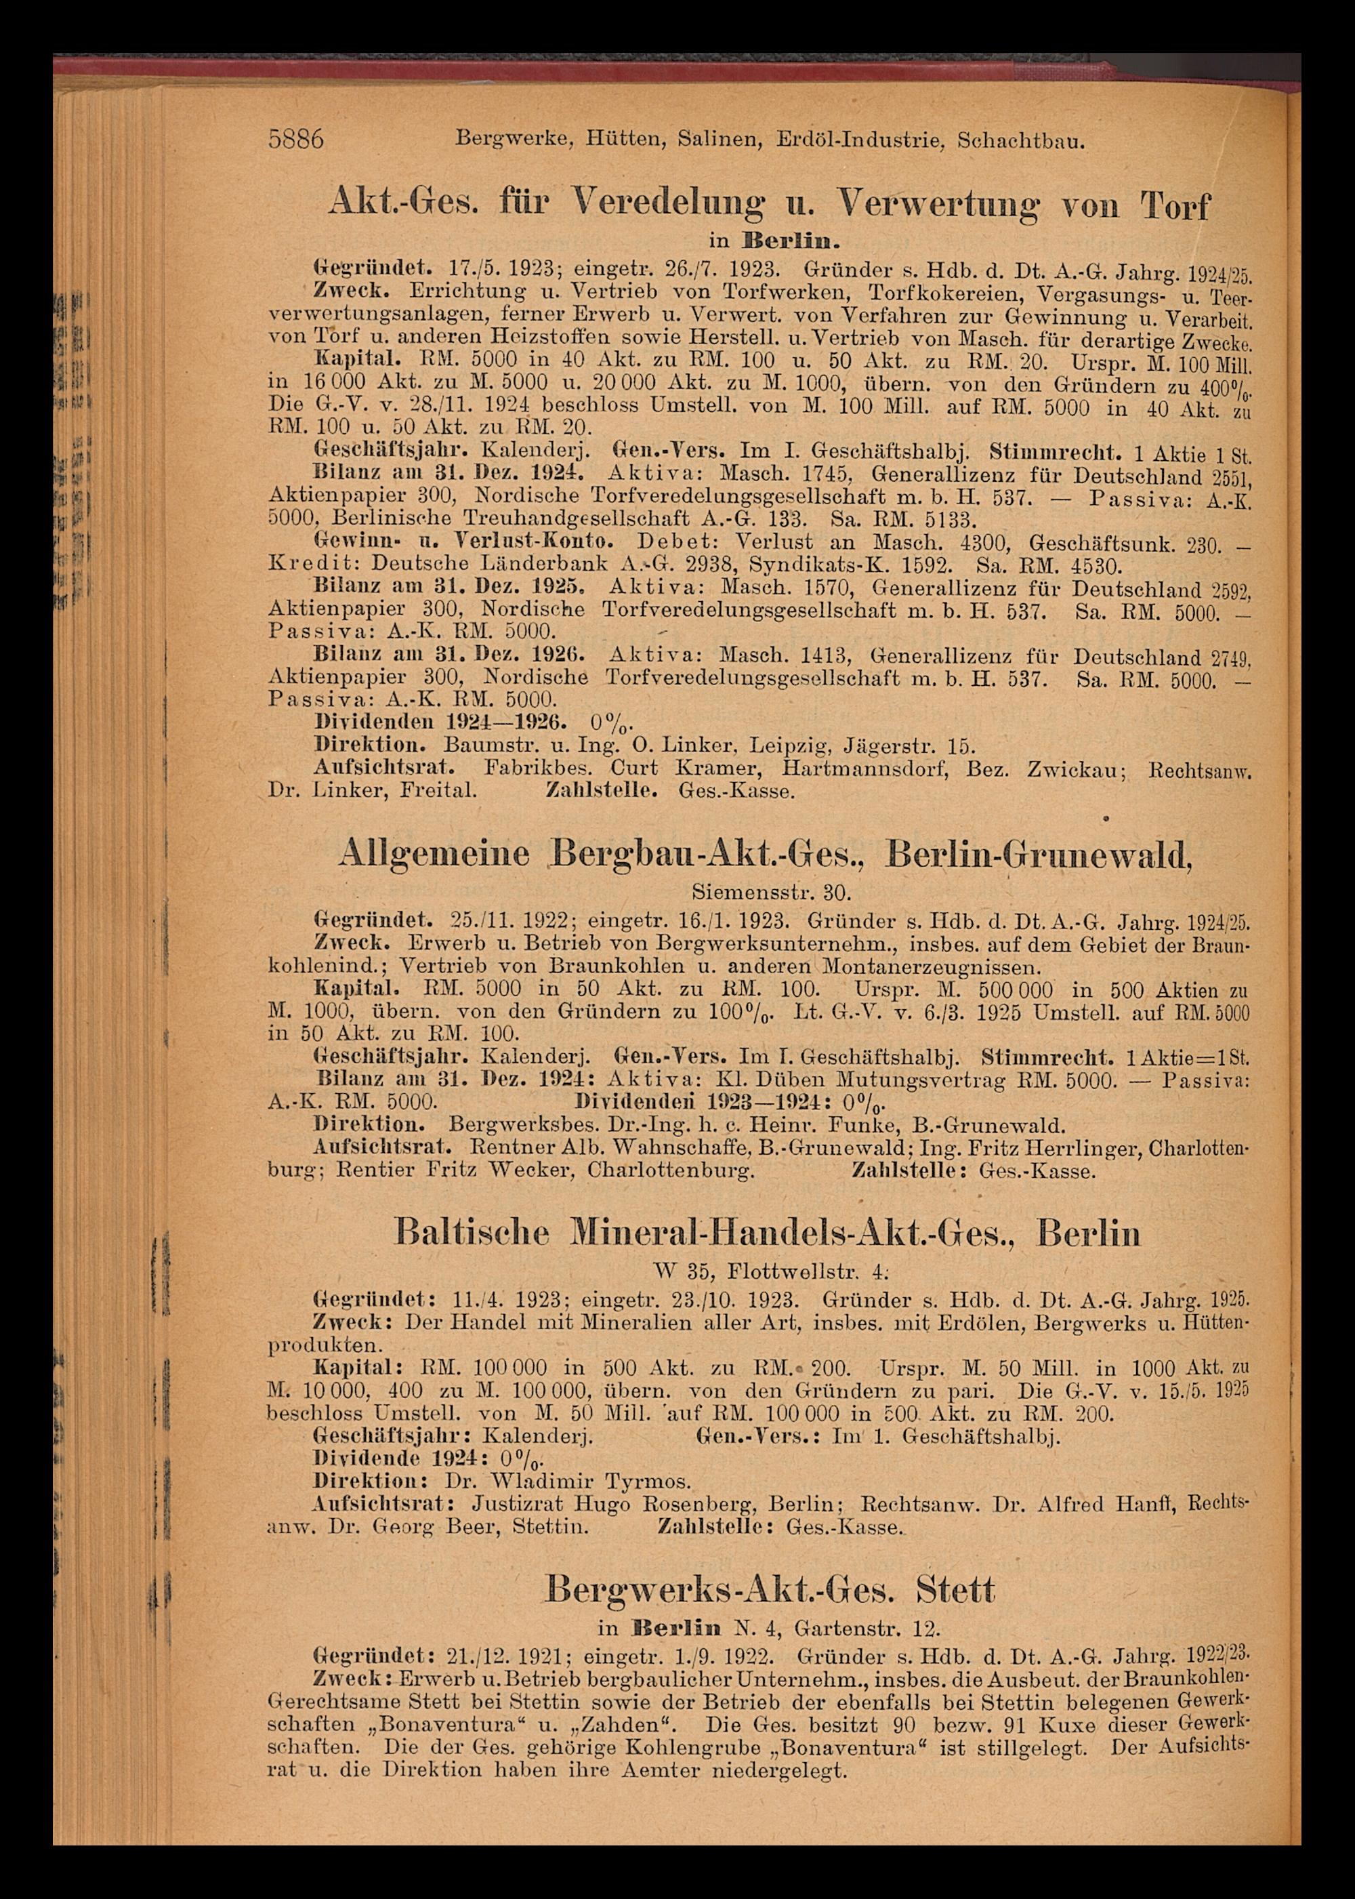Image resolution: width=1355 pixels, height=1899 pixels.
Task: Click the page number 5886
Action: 295,138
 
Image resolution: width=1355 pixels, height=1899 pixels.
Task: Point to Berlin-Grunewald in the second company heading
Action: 1039,855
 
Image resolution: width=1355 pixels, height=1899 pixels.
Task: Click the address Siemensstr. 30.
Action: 772,893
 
